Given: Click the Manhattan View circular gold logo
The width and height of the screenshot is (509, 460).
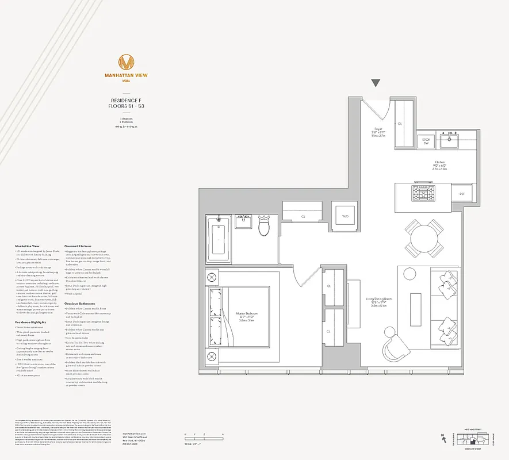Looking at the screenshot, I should click(x=125, y=62).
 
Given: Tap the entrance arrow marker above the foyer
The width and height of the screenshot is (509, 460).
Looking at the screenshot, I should click(x=376, y=83).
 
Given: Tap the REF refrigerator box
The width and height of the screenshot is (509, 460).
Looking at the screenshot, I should click(x=462, y=194).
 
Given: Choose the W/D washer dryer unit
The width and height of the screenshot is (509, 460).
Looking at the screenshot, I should click(x=345, y=216).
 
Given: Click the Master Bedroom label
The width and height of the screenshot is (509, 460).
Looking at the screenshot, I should click(x=247, y=316).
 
